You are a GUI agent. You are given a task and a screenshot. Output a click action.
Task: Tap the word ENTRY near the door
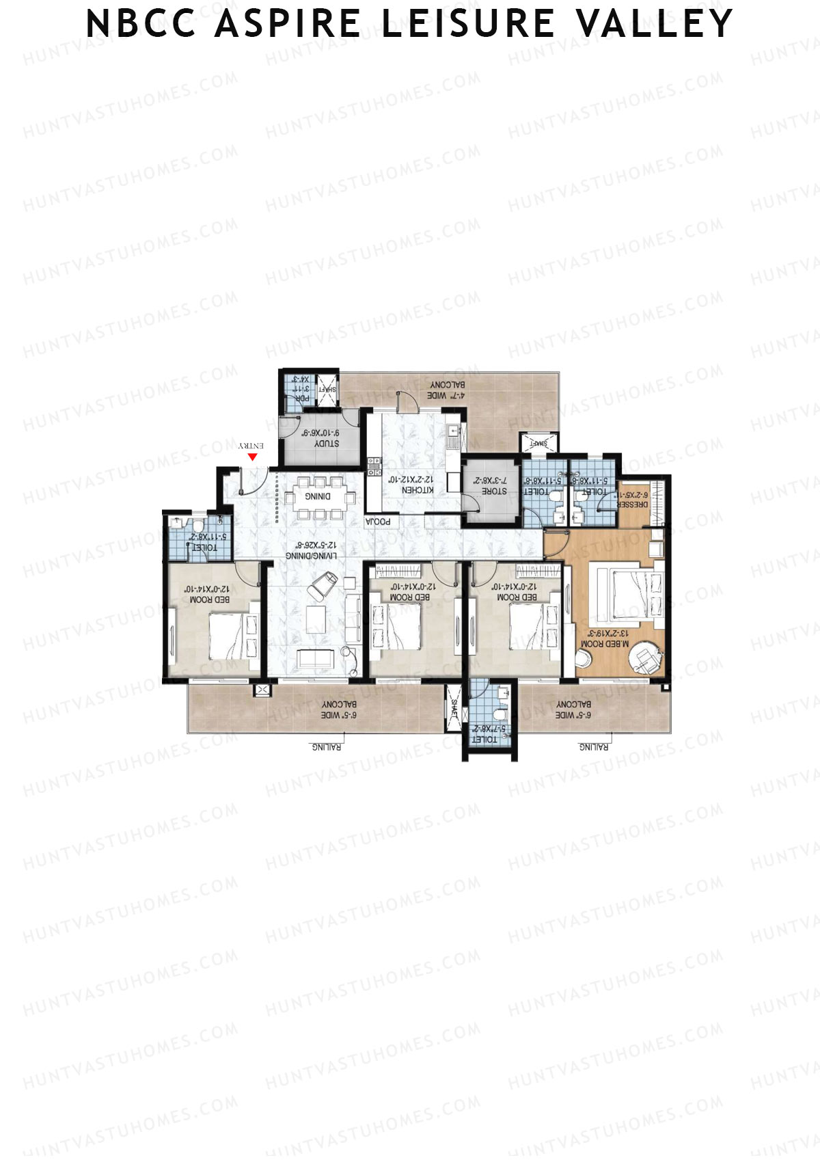pos(252,445)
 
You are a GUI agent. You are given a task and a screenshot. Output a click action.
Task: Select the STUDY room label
pos(327,444)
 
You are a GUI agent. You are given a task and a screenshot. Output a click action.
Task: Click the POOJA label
pos(378,522)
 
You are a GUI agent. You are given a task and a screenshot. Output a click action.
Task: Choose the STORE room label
pos(494,491)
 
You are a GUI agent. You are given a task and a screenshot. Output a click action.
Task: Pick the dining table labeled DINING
pos(318,496)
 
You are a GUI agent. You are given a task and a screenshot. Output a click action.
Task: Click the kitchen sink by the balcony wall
pos(452,432)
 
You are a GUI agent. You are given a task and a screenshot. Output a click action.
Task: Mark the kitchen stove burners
pos(374,466)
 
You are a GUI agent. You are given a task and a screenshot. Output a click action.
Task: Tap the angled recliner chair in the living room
pos(322,585)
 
